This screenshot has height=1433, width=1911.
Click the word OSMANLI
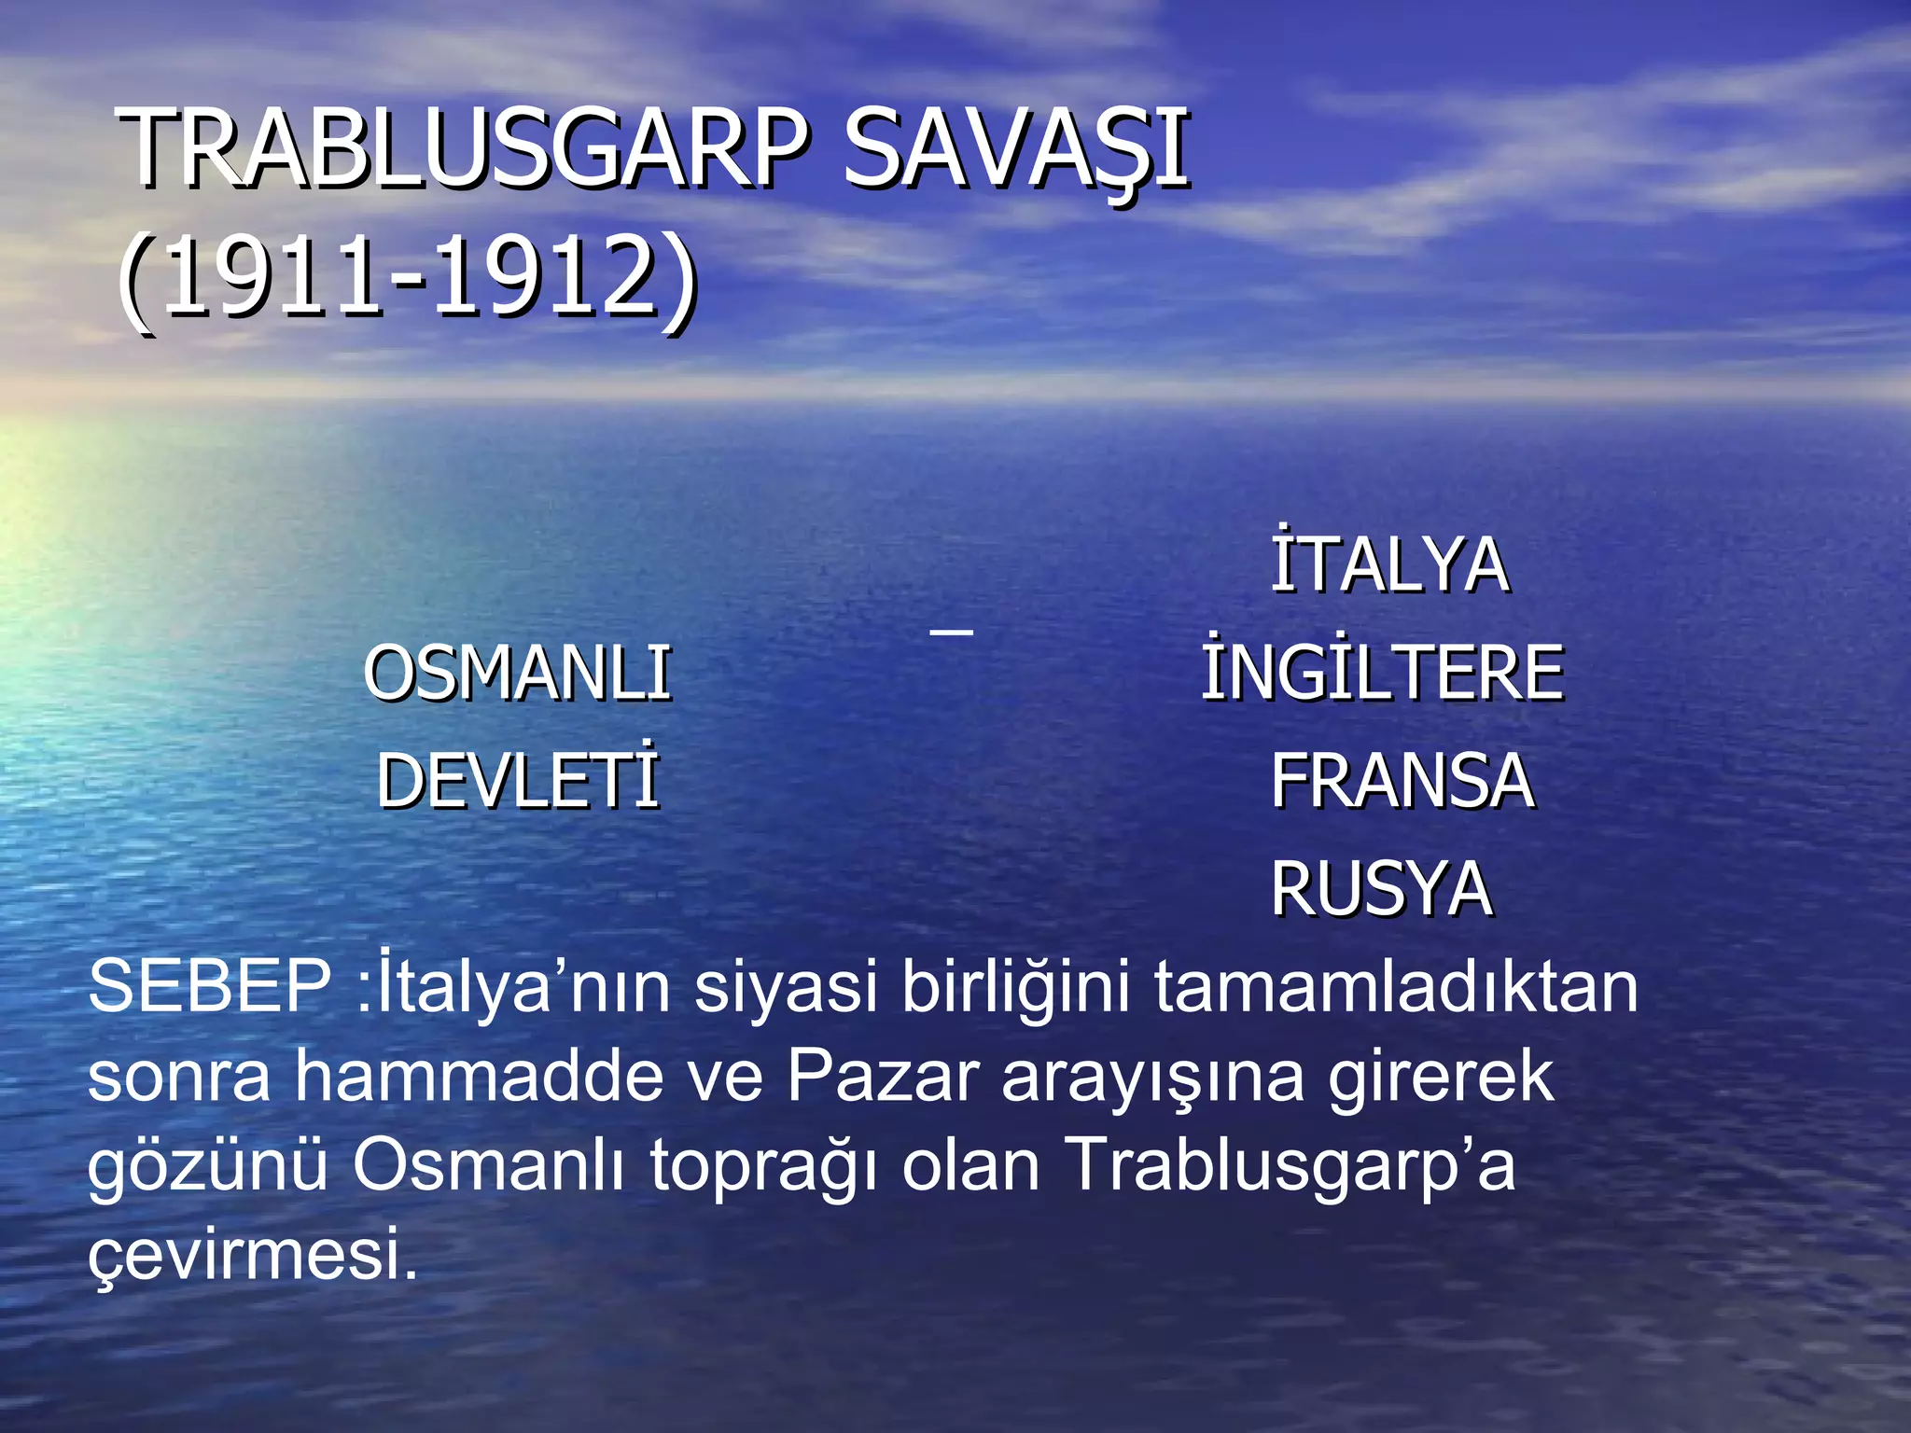coord(518,673)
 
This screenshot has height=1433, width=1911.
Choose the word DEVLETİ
coord(518,781)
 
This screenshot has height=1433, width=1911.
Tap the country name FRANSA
coord(1402,781)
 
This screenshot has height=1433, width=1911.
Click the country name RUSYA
coord(1382,888)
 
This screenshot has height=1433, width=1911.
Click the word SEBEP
coord(209,987)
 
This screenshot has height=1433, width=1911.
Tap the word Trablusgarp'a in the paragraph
coord(1290,1166)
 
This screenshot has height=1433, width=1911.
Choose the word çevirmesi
coord(252,1255)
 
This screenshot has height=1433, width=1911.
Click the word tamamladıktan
coord(1396,987)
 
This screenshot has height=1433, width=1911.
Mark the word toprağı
coord(764,1166)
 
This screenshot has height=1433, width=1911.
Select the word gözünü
coord(208,1166)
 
